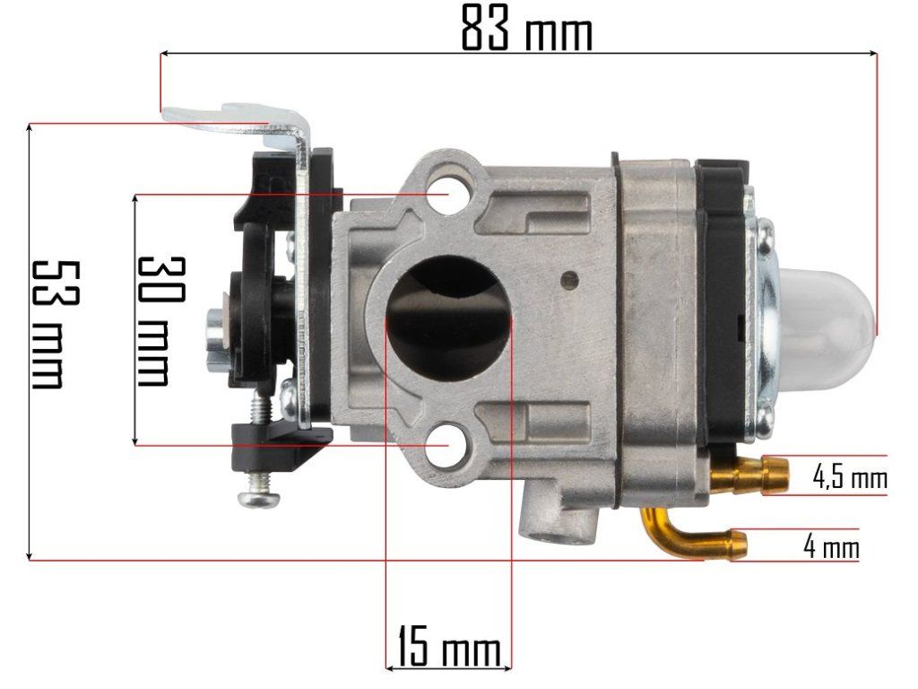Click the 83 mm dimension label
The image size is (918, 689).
coord(526,28)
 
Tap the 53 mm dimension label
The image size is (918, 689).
coord(55,325)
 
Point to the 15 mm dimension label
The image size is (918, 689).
coord(449,646)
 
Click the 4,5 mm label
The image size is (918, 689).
coord(850,476)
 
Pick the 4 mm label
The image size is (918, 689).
coord(831,547)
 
